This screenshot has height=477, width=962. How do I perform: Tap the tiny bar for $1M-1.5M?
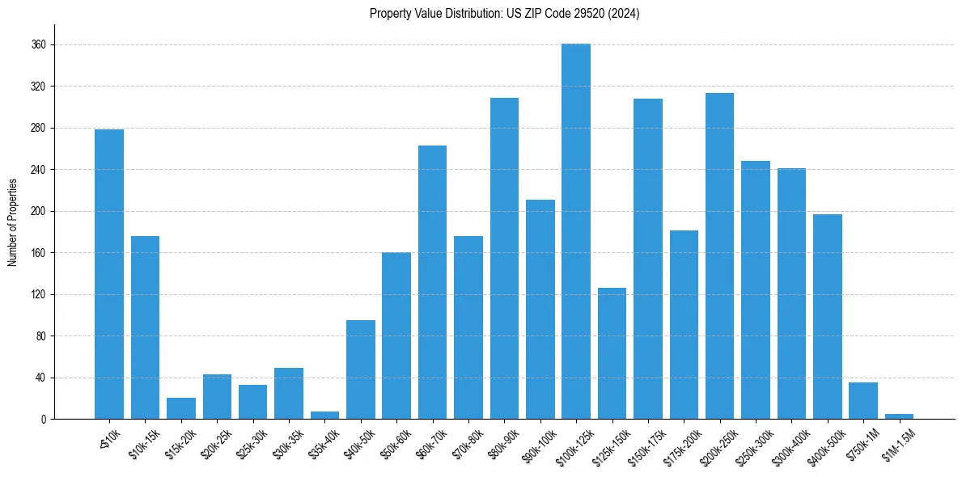point(899,416)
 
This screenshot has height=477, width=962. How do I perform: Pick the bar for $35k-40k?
point(324,416)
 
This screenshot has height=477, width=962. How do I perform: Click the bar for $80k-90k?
point(504,258)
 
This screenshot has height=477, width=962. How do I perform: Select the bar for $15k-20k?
point(181,408)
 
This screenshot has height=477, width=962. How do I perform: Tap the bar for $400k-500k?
point(827,316)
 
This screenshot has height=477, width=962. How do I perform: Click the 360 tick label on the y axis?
point(38,44)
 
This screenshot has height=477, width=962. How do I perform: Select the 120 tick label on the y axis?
point(38,294)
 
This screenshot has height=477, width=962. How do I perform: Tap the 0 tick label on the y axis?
point(44,419)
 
